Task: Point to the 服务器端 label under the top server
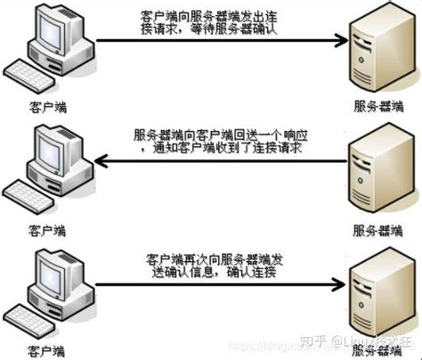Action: pos(377,105)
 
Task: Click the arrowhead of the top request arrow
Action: pos(339,38)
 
